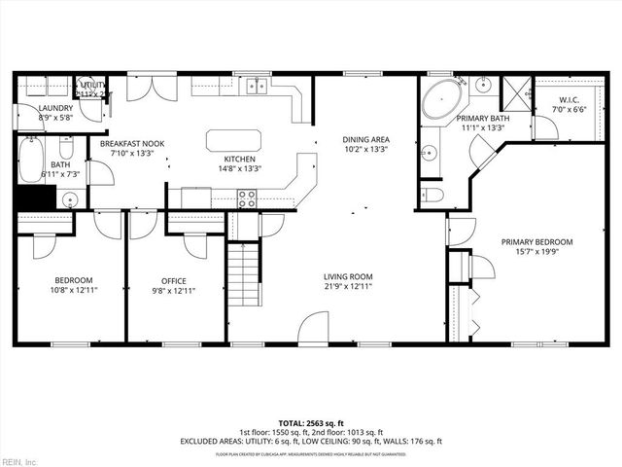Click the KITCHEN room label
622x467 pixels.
pyautogui.click(x=239, y=160)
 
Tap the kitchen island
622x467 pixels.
pyautogui.click(x=233, y=140)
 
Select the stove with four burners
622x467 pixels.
pyautogui.click(x=247, y=198)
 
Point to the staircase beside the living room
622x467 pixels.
pyautogui.click(x=246, y=276)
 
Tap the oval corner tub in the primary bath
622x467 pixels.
pyautogui.click(x=446, y=101)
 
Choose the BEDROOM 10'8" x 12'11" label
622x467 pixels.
pyautogui.click(x=73, y=284)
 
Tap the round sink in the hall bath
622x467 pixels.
pyautogui.click(x=68, y=200)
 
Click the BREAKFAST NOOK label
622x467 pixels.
pyautogui.click(x=132, y=144)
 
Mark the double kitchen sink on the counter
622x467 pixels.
pyautogui.click(x=257, y=86)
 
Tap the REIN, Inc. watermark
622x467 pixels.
pyautogui.click(x=19, y=460)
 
